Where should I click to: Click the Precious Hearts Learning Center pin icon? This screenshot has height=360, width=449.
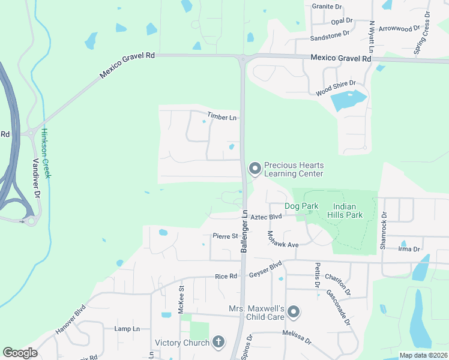tap(255, 169)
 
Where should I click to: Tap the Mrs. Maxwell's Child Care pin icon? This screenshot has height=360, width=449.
tap(294, 311)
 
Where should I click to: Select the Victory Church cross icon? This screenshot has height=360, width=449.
tap(218, 343)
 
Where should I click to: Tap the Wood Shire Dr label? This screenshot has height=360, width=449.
tap(336, 88)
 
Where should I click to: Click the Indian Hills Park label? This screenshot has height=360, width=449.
tap(345, 210)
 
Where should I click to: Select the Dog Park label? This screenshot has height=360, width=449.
tap(301, 206)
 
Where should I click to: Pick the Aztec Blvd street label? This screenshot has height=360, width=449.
tap(266, 217)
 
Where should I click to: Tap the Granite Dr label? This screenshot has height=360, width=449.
tap(327, 7)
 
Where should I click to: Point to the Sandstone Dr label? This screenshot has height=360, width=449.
tap(330, 37)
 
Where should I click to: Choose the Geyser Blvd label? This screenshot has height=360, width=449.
tap(265, 269)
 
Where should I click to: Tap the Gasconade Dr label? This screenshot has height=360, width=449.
tap(338, 306)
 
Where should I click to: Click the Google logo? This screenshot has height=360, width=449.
tap(20, 353)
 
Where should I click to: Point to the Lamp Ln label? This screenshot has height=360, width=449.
tap(127, 329)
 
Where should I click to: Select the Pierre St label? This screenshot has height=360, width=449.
tap(225, 236)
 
